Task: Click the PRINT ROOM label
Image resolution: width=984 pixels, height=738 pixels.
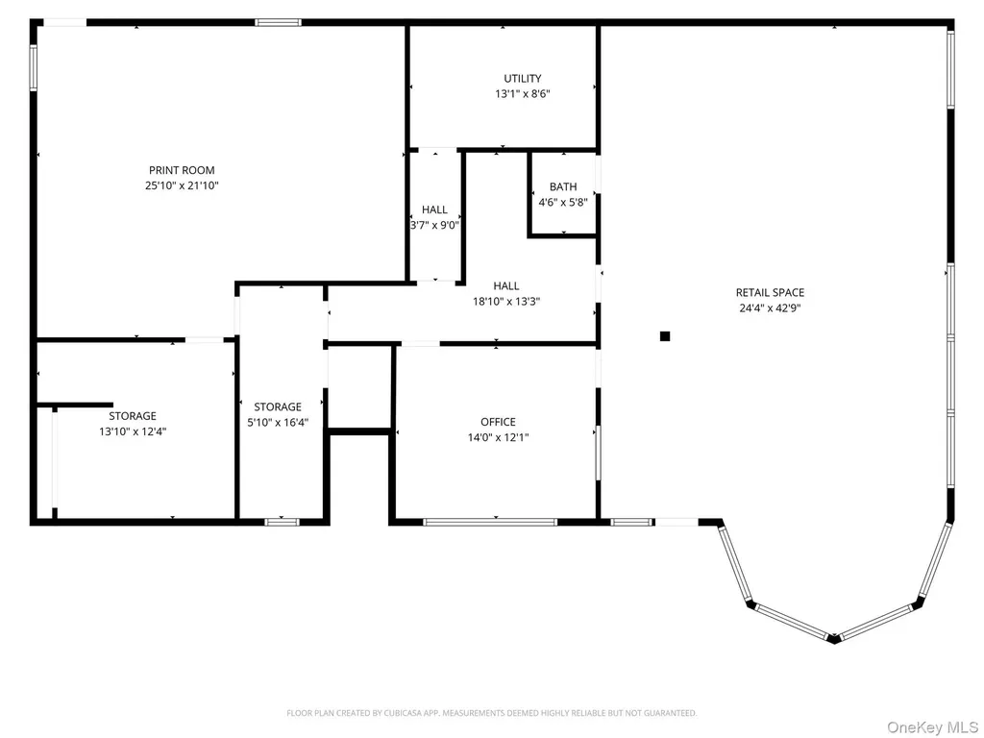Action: [182, 170]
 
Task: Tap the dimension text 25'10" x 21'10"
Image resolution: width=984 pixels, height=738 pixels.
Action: [182, 185]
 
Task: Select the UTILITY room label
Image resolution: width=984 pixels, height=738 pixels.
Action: [522, 79]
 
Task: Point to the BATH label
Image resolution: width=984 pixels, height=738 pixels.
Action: [563, 186]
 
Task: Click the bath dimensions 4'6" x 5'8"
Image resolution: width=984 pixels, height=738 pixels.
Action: [563, 202]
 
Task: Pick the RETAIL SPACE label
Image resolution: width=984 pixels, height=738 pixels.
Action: [770, 292]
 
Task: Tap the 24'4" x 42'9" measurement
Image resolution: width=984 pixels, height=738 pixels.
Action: [770, 308]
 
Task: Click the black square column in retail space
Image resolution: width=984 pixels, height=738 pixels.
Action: [665, 336]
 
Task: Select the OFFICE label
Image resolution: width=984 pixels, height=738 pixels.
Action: [499, 422]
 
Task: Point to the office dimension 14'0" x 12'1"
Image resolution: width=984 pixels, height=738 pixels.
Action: [499, 437]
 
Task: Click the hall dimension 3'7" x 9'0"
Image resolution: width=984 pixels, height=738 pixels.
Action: [434, 225]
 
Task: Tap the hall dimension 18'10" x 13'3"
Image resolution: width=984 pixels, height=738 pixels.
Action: [506, 301]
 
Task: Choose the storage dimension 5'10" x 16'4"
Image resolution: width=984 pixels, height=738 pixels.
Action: [278, 423]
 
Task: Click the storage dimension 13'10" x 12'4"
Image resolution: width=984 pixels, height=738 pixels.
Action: [133, 431]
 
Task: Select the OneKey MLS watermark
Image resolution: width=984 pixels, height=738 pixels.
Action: [931, 727]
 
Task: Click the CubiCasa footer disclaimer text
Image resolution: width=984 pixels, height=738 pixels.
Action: [492, 713]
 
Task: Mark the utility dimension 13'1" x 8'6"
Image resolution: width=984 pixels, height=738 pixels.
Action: [522, 94]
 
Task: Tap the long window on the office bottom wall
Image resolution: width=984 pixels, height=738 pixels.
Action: [490, 522]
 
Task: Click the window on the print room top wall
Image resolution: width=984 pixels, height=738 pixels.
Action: [278, 23]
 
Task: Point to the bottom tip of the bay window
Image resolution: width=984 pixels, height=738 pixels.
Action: [833, 641]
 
